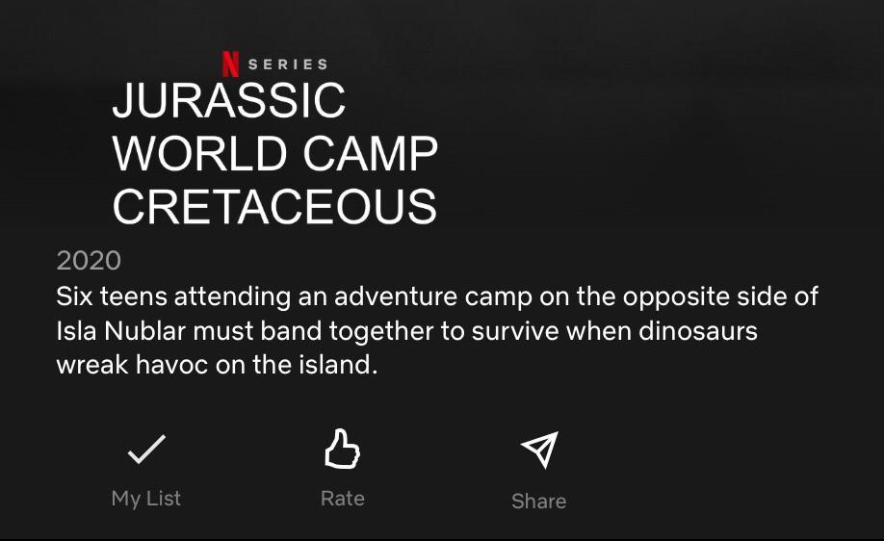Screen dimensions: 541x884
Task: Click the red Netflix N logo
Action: pyautogui.click(x=230, y=64)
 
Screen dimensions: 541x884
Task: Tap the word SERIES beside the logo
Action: pyautogui.click(x=288, y=64)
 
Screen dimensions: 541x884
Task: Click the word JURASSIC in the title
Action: pyautogui.click(x=229, y=101)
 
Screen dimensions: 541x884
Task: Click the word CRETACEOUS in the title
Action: pyautogui.click(x=274, y=207)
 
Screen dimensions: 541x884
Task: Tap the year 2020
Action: pyautogui.click(x=89, y=260)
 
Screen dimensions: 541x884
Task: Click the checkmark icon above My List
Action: pyautogui.click(x=146, y=449)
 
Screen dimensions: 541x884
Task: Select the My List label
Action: pyautogui.click(x=146, y=499)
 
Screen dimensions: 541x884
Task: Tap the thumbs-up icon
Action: pyautogui.click(x=342, y=449)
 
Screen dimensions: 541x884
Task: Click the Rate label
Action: pyautogui.click(x=343, y=499)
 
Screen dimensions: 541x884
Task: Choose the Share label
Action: pyautogui.click(x=538, y=501)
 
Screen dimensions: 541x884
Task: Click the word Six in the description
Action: pyautogui.click(x=75, y=296)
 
